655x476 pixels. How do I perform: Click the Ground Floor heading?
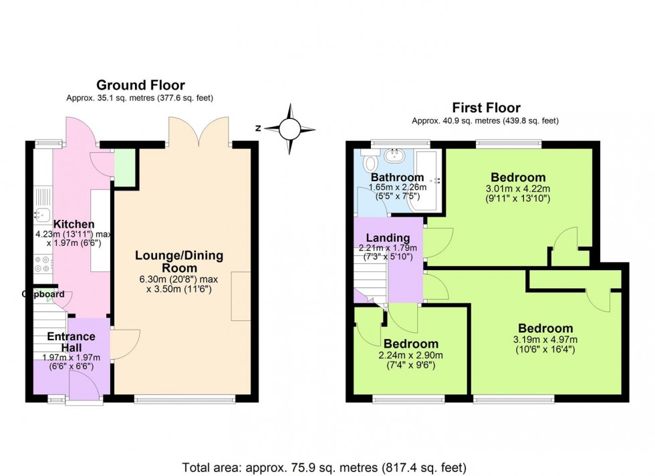click(x=140, y=85)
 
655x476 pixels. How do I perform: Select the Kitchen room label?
click(x=74, y=224)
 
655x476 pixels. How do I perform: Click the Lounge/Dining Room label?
click(x=179, y=262)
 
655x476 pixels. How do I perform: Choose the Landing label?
click(x=388, y=238)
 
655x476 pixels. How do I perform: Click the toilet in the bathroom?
click(x=370, y=163)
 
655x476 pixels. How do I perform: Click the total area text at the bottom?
click(x=323, y=466)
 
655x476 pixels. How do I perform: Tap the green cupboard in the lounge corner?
click(x=124, y=166)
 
